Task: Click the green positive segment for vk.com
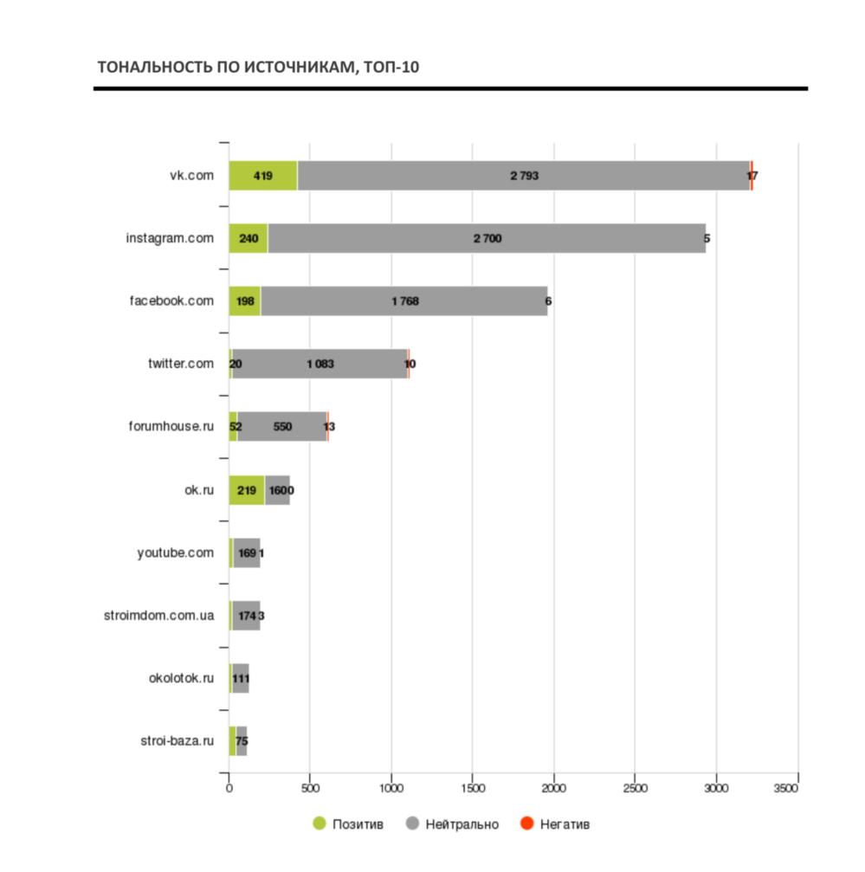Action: [263, 176]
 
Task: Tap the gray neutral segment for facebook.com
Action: [403, 301]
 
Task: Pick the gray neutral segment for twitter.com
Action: [320, 364]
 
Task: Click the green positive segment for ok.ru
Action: [247, 490]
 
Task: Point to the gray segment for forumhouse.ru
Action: [282, 427]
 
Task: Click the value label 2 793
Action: [525, 176]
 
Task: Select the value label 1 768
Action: [405, 301]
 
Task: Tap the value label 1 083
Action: [320, 364]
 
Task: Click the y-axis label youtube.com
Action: [175, 552]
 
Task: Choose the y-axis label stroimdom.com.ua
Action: [158, 616]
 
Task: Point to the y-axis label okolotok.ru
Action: [181, 678]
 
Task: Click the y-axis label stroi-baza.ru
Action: [177, 740]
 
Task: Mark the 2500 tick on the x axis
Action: [636, 788]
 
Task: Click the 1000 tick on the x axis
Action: [391, 788]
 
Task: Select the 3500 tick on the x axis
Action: [797, 788]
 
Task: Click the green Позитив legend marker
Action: [320, 824]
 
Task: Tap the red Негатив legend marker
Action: [526, 824]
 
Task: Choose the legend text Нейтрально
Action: [462, 824]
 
